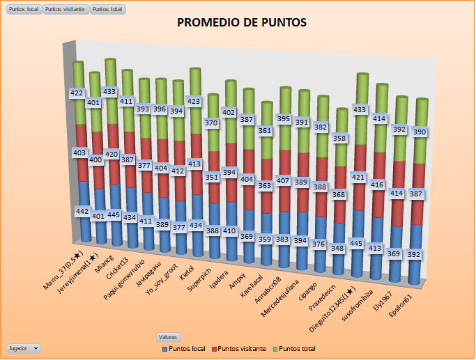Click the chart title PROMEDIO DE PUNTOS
(242, 22)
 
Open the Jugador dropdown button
(24, 347)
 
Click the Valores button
(168, 336)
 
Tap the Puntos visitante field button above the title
(66, 10)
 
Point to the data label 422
(77, 93)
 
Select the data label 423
(195, 101)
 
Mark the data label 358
(339, 139)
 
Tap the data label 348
(339, 249)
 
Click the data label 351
(211, 177)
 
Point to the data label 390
(420, 132)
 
